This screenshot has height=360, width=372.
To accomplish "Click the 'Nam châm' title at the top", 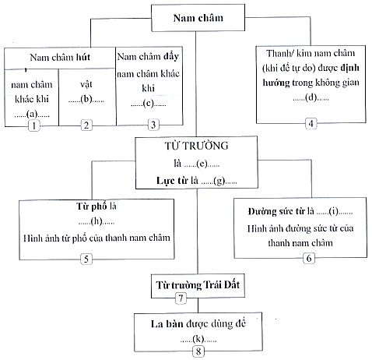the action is [x=198, y=18].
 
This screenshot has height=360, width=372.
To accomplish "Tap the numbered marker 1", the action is [x=34, y=126].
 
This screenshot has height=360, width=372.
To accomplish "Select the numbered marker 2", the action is [x=86, y=125].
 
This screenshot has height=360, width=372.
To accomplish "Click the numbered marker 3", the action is [x=153, y=125].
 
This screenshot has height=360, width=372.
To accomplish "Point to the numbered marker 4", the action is [x=311, y=123].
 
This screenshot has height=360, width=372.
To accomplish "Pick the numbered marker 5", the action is [x=86, y=259].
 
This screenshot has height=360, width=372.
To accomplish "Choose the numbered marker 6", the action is [x=309, y=258].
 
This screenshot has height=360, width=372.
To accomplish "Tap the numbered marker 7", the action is [x=181, y=298].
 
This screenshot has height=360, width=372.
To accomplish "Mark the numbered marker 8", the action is [x=198, y=351].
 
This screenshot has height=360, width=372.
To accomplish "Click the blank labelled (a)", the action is [x=32, y=114].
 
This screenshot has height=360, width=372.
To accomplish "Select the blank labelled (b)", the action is [x=86, y=100].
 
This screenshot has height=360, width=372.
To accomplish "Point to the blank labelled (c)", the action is [x=149, y=104].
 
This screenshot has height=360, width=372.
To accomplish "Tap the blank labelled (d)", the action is [x=311, y=97].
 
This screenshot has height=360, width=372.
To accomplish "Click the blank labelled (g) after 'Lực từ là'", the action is [x=219, y=181].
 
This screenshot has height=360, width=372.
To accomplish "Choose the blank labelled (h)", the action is [x=97, y=221].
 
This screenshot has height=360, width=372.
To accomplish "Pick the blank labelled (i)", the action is [x=335, y=211].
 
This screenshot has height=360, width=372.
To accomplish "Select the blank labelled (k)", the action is [x=198, y=339].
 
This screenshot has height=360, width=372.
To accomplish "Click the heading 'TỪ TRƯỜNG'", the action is [x=196, y=146].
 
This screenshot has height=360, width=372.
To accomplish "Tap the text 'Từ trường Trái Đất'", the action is [x=198, y=285].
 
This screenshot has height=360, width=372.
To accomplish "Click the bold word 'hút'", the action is [x=83, y=57].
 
